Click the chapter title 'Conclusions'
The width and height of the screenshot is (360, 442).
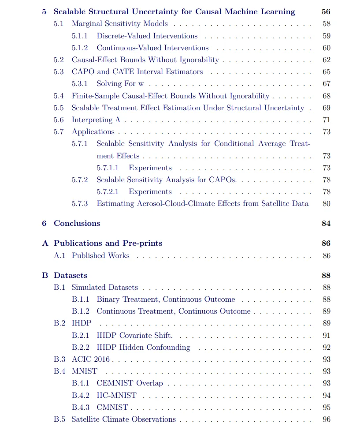point(77,223)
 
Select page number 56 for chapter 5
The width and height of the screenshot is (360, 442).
point(326,12)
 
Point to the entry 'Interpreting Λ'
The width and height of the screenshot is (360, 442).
point(96,120)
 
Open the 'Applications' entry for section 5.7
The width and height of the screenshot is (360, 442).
point(93,132)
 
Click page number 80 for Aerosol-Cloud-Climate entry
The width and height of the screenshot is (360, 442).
point(326,204)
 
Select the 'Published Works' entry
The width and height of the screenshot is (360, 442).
point(100,256)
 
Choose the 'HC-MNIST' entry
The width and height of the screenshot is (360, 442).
point(116,396)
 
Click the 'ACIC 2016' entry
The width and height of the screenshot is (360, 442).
point(90,360)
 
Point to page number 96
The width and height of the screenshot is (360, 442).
point(326,420)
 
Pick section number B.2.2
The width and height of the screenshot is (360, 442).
point(80,348)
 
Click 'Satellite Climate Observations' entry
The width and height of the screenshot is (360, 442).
point(123,420)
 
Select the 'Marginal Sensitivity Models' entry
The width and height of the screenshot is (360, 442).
point(119,24)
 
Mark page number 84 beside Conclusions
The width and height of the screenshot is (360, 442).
point(326,223)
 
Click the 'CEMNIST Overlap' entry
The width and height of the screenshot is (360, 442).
point(130,383)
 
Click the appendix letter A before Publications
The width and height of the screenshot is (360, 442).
point(45,243)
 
